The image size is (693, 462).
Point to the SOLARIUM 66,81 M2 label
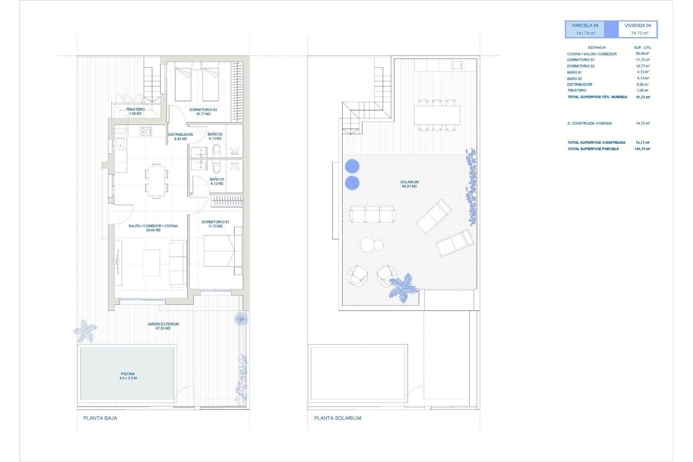coord(409,184)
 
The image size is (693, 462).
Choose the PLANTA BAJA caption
coord(100,418)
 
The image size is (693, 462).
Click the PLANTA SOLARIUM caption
coord(337,418)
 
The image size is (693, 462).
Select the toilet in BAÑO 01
coord(217,167)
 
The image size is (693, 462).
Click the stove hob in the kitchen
coord(145,131)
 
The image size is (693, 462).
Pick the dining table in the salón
coord(156,181)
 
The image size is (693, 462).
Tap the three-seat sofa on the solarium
coord(372,214)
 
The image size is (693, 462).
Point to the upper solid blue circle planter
coord(352,166)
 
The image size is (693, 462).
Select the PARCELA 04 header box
coord(585,29)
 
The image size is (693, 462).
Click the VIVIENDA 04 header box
coord(638,29)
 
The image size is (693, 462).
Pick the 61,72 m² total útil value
coord(643,97)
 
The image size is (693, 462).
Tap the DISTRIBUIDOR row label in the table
coord(579,84)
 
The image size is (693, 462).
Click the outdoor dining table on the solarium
coord(437,115)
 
